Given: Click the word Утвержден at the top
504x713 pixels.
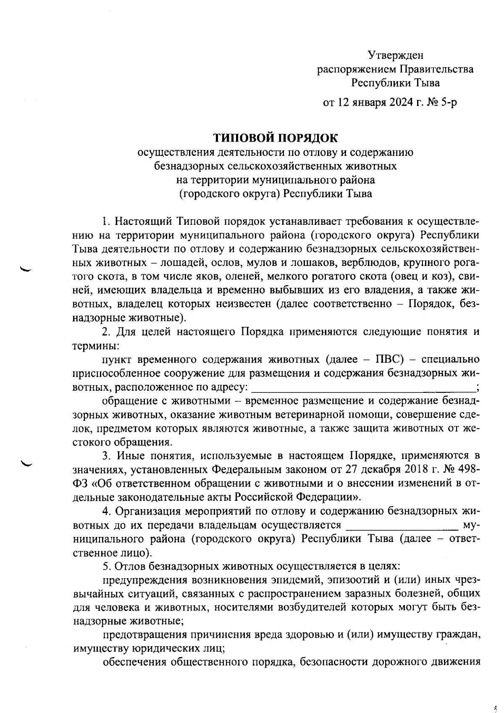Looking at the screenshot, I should click(396, 55).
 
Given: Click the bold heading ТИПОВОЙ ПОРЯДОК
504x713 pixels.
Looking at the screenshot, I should click(276, 138).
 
